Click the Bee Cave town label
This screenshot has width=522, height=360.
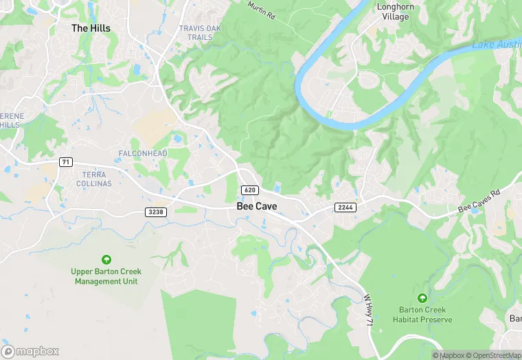258,206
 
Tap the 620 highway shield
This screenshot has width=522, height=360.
249,190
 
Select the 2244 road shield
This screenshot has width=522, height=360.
345,207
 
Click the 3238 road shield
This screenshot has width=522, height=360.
156,212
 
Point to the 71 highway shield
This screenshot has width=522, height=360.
66,162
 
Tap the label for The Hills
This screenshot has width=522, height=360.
91,28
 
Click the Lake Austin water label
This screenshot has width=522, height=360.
496,45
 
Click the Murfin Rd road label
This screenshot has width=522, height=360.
262,10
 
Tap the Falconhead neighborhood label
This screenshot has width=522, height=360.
143,153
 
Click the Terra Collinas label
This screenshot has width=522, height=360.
93,179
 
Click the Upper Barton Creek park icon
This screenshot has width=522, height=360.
106,259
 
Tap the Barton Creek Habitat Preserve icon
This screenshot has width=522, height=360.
422,297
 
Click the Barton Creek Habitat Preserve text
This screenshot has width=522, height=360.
422,315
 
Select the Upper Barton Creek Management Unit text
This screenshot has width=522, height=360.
106,276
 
